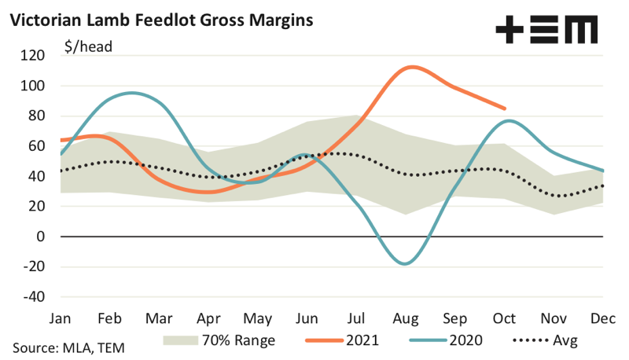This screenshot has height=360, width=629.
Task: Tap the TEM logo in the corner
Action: (x=546, y=30)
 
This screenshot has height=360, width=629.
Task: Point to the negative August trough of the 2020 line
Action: (x=405, y=264)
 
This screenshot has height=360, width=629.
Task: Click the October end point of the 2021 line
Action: (x=505, y=108)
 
